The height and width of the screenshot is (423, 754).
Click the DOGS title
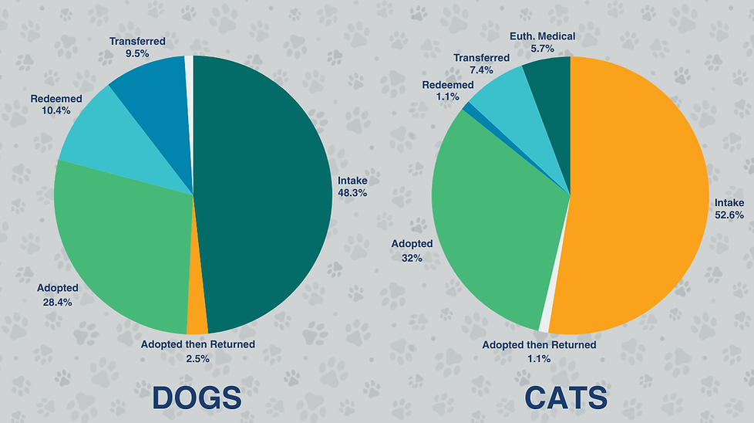pos(197,398)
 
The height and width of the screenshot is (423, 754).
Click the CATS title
pos(566,398)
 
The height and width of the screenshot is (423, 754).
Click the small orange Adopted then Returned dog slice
pos(197,320)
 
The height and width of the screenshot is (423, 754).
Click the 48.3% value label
pos(352,193)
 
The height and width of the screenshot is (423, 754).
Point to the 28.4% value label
pos(58,302)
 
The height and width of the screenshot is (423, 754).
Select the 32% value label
pos(412,258)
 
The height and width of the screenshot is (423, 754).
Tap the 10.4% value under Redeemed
pos(56,111)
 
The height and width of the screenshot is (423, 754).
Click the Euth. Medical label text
pos(543,36)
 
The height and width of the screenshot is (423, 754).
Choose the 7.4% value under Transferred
pos(482,70)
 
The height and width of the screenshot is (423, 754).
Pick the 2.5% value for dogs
pos(197,357)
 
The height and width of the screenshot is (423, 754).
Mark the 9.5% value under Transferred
pos(137,55)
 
